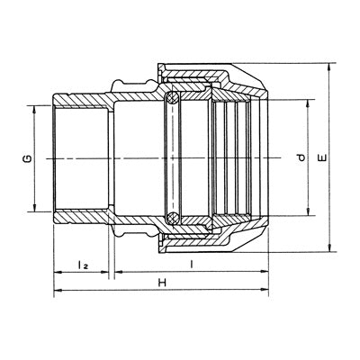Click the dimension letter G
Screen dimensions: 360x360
click(x=28, y=158)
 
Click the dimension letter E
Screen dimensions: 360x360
click(x=323, y=158)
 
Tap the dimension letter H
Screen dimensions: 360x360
click(x=162, y=283)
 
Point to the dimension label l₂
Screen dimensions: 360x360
click(x=83, y=265)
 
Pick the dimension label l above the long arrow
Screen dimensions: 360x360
click(x=191, y=265)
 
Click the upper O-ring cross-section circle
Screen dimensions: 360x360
click(x=173, y=98)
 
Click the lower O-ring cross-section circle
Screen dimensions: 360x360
click(x=173, y=217)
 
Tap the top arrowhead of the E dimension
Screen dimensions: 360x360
click(x=330, y=67)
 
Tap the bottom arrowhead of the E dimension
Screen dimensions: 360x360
click(x=330, y=247)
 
